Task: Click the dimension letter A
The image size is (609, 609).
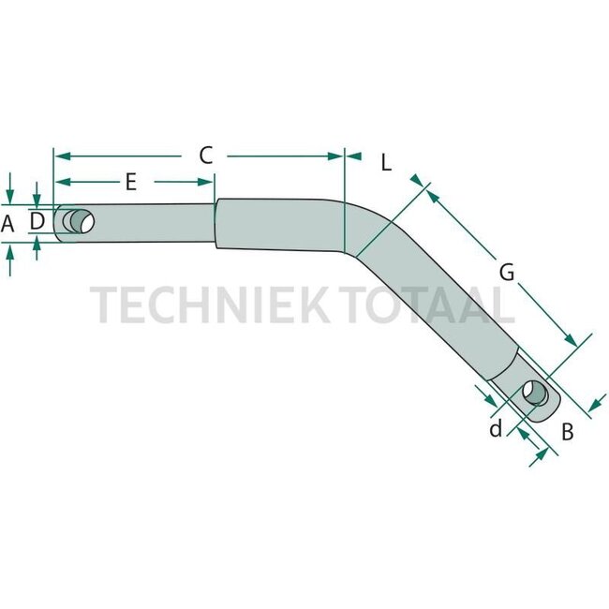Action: click(x=8, y=224)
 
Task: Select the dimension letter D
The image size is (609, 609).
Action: click(x=37, y=221)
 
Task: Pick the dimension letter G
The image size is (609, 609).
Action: click(x=506, y=272)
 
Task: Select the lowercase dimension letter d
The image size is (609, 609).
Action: click(x=496, y=428)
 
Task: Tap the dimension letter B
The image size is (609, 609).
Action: click(x=566, y=433)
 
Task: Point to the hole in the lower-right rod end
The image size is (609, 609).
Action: click(x=536, y=393)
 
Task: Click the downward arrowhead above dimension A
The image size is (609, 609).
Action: click(x=9, y=198)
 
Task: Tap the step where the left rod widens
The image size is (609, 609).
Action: click(x=216, y=224)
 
